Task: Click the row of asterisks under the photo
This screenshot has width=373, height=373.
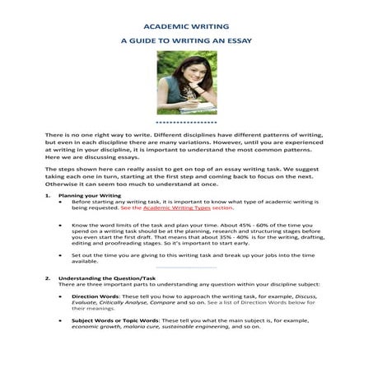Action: coord(186,120)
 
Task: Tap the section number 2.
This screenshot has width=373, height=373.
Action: coord(48,279)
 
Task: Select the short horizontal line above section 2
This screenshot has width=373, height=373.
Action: coord(186,269)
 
